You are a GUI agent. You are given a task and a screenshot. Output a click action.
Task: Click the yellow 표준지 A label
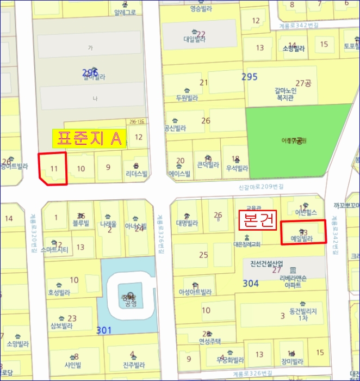click(x=89, y=138)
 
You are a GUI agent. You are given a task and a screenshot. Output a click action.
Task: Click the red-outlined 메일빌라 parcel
click(x=303, y=232)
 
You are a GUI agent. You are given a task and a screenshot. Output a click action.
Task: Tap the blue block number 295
click(x=249, y=77)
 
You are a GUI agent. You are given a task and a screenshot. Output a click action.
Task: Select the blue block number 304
click(x=251, y=283)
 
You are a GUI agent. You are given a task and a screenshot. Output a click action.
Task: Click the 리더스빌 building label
click(x=135, y=174)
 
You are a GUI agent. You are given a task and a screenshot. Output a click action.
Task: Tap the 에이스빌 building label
click(x=179, y=174)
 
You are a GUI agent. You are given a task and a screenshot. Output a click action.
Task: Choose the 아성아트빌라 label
click(x=195, y=292)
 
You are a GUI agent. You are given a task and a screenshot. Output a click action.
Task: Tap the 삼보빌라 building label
click(x=61, y=327)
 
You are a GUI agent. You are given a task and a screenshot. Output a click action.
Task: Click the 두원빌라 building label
click(x=186, y=99)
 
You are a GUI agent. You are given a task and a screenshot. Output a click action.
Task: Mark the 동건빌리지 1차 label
click(x=299, y=314)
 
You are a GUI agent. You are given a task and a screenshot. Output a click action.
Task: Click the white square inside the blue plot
click(x=128, y=297)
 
